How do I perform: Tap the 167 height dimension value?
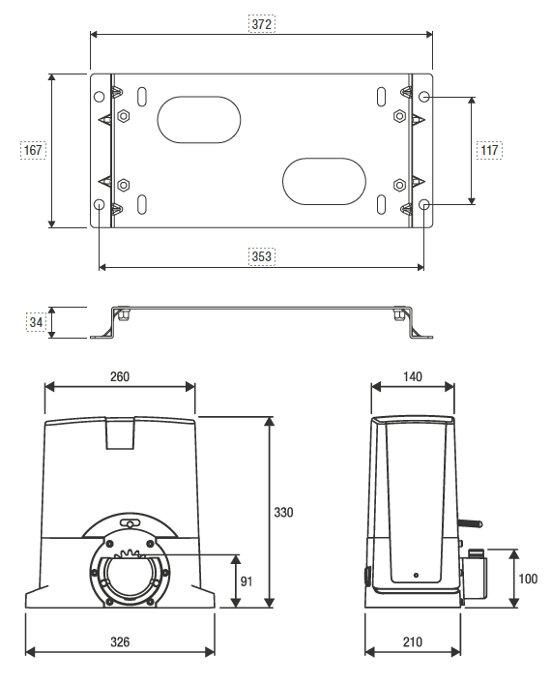(x=33, y=150)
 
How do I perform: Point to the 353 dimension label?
(x=261, y=256)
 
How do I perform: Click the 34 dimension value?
(x=34, y=322)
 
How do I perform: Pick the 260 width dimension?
(x=120, y=375)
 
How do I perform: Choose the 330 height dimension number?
(x=282, y=512)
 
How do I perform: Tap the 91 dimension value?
(x=247, y=580)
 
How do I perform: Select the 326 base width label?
(x=120, y=641)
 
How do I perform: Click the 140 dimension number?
(x=413, y=375)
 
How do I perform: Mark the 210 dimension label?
(x=413, y=641)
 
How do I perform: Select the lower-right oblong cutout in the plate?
(x=324, y=181)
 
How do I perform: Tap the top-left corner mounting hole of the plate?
(x=100, y=97)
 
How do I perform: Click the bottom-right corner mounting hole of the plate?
(x=425, y=205)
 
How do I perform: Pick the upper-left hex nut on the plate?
(x=124, y=116)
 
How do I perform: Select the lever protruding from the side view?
(x=471, y=522)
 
